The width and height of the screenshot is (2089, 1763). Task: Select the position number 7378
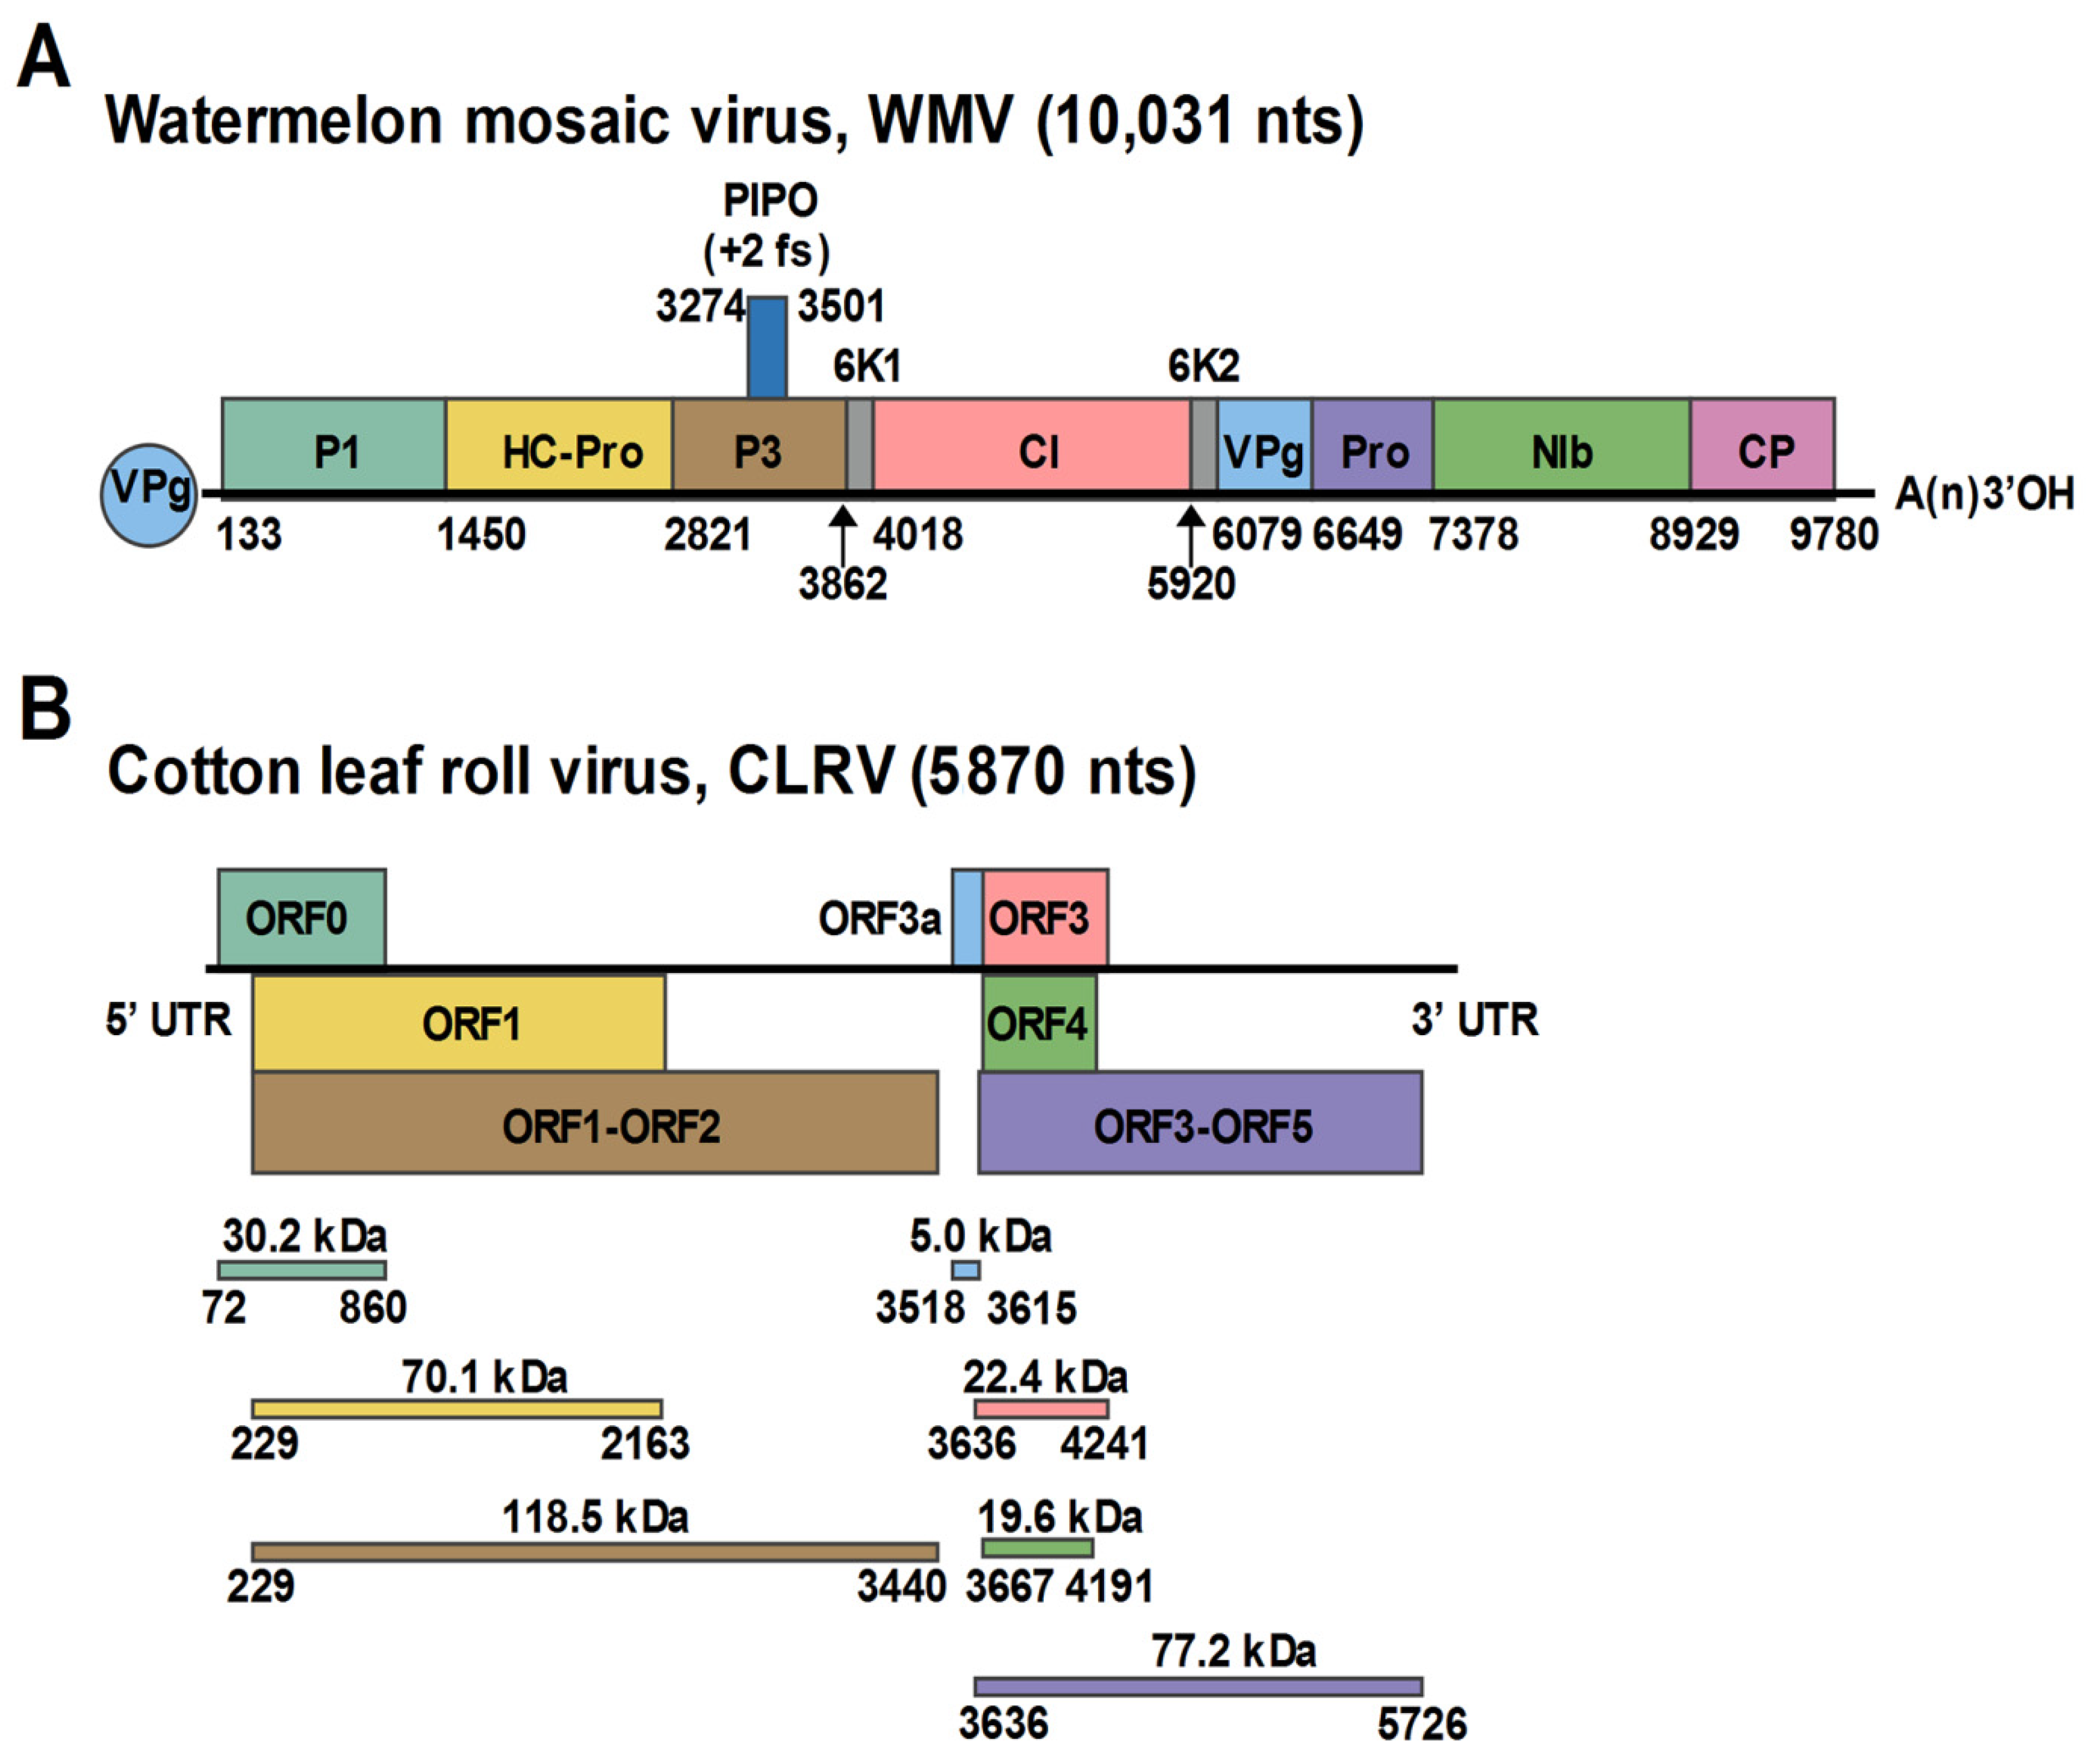coord(1473,535)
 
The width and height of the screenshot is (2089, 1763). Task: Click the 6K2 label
coord(1203,367)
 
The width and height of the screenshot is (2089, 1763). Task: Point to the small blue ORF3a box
coord(967,916)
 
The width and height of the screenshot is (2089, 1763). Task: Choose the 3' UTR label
coord(1474,1020)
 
